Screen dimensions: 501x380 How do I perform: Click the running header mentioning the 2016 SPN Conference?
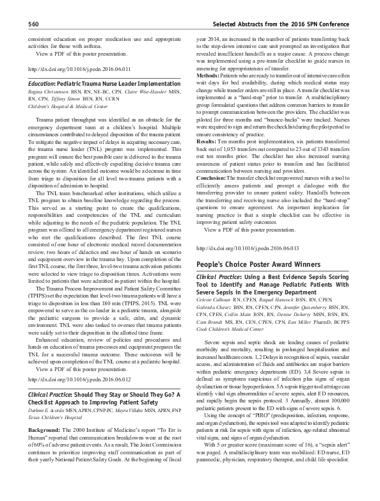point(283,24)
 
